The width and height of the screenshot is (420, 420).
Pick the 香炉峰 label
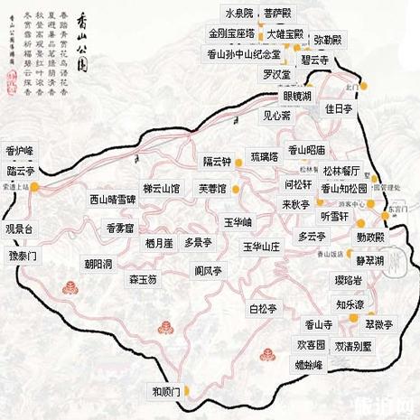coord(20,150)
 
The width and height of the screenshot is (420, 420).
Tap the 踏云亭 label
coord(21,170)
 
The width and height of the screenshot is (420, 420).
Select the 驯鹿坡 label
coord(168,391)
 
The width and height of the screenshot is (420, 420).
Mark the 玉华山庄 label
coord(262,246)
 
